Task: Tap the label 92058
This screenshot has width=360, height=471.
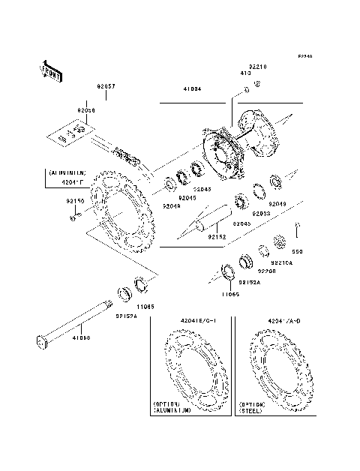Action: [x=86, y=110]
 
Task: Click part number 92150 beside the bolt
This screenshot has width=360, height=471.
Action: [x=75, y=201]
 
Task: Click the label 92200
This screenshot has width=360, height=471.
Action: [x=268, y=271]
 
